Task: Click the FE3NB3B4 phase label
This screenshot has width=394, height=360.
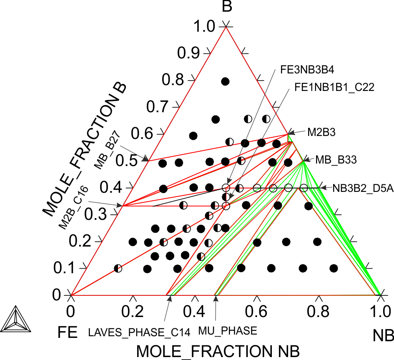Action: pos(307,70)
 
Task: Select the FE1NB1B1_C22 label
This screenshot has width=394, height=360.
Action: pos(334,87)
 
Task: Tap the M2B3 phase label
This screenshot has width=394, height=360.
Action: pos(321,132)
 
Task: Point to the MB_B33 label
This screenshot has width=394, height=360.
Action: pos(336,160)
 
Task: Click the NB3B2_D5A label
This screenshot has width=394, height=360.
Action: pos(363,188)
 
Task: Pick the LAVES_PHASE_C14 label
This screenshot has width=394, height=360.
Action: pos(139,332)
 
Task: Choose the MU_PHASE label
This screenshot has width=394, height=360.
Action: pos(228,331)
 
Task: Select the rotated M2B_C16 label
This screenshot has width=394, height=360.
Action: pos(74,208)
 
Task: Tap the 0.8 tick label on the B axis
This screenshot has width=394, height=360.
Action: pos(173,80)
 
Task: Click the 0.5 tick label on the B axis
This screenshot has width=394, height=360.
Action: pos(126,161)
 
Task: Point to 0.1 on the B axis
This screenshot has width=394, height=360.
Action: pos(64,268)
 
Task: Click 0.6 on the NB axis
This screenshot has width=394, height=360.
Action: pos(256,312)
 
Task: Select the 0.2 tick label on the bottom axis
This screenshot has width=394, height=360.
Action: pos(133,312)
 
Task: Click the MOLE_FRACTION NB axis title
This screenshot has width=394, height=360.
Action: pos(218,351)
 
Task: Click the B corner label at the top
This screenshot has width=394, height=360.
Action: pos(227,7)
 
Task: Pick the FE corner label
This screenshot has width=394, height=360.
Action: pos(68,332)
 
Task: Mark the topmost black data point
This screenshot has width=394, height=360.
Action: pos(225,81)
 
